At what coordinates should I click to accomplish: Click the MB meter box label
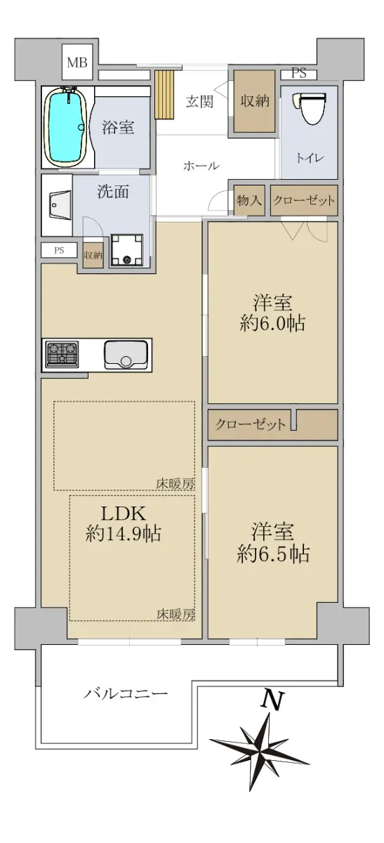[x=77, y=62]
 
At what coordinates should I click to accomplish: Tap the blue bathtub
[x=65, y=127]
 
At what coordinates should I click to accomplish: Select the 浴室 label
[x=118, y=127]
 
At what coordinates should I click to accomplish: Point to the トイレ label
[x=310, y=157]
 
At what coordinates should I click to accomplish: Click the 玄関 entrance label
[x=199, y=102]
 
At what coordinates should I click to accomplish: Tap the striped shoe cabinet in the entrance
[x=164, y=94]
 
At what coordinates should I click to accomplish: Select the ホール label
[x=201, y=166]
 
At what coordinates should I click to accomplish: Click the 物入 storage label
[x=249, y=200]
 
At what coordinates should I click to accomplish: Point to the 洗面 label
[x=113, y=192]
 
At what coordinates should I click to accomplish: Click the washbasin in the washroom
[x=59, y=204]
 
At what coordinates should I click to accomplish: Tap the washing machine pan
[x=126, y=251]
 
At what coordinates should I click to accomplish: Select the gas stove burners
[x=62, y=354]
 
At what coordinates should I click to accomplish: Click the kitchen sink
[x=126, y=355]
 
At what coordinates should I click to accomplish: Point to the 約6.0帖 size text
[x=272, y=324]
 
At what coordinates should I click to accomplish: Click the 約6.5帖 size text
[x=273, y=554]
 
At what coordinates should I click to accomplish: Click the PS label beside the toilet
[x=299, y=73]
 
